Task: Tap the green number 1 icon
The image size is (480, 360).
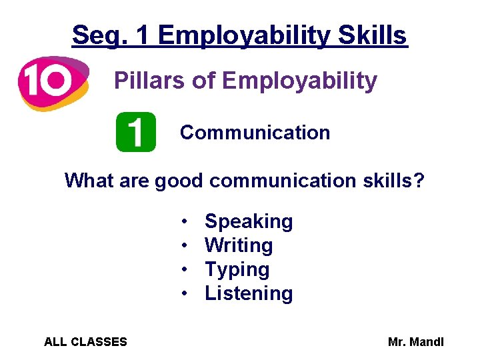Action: tap(135, 132)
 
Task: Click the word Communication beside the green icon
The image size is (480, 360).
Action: tap(255, 133)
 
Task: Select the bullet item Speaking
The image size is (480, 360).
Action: tap(249, 221)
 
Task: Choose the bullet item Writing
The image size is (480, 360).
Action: tap(239, 245)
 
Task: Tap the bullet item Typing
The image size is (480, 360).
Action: tap(237, 270)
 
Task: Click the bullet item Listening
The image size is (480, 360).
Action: tap(249, 293)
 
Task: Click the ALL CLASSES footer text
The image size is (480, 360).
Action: tap(85, 342)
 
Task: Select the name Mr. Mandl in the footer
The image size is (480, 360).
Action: tap(415, 342)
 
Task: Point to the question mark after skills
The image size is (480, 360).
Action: tap(419, 181)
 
